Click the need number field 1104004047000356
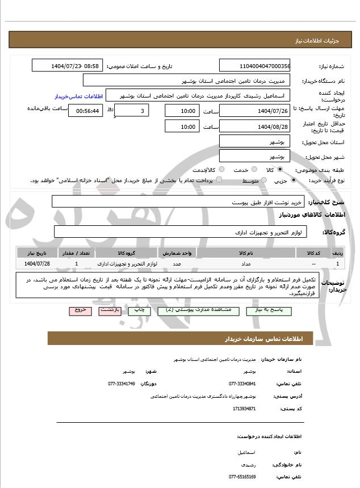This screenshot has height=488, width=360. click(254, 66)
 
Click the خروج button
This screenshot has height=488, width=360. click(79, 310)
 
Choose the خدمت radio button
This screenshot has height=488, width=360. click(253, 170)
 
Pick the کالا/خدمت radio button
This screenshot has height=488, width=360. click(221, 170)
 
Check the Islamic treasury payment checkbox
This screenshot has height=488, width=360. click(219, 180)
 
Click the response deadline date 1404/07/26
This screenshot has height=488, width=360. click(254, 111)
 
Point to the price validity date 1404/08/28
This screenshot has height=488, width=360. click(254, 127)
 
